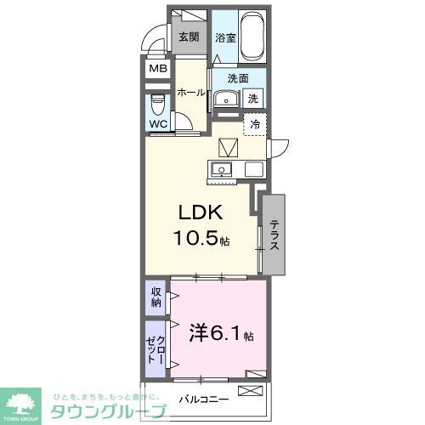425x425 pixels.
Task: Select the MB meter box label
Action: (158, 70)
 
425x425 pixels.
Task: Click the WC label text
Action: (158, 124)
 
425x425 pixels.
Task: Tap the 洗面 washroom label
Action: (237, 78)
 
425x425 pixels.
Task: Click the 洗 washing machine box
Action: (252, 99)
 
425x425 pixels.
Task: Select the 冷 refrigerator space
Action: (254, 123)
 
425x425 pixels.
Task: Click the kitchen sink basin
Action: (223, 167)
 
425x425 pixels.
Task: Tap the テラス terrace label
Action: (275, 234)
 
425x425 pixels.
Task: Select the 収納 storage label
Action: (156, 297)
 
